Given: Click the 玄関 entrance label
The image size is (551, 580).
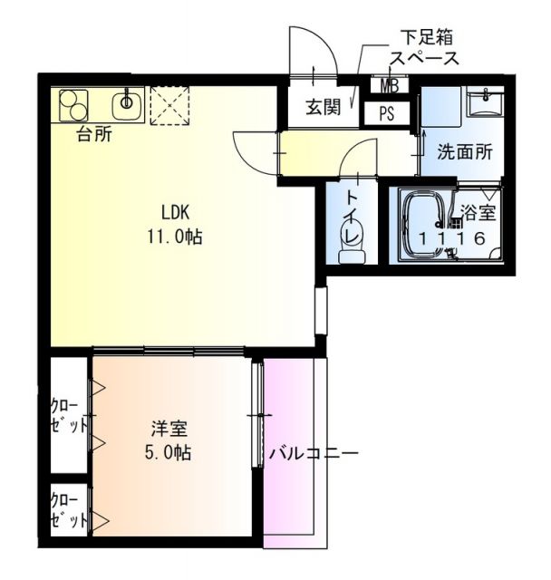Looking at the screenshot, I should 321,107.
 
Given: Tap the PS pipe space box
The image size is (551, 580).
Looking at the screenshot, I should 386,114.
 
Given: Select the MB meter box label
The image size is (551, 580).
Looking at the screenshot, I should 389,87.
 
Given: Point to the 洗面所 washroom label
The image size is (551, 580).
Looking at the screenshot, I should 465,152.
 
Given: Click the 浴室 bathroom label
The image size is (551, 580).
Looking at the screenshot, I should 478,214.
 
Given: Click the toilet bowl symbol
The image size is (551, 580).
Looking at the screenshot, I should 351,237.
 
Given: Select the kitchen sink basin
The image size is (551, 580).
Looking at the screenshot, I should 128,103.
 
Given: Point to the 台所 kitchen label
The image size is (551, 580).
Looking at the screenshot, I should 93,136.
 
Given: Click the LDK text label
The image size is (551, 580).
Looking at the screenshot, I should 174,214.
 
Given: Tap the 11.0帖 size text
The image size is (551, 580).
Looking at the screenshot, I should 174,237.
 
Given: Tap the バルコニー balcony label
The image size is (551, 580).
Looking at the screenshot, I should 314,452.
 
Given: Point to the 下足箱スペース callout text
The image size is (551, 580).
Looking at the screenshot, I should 424,47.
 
